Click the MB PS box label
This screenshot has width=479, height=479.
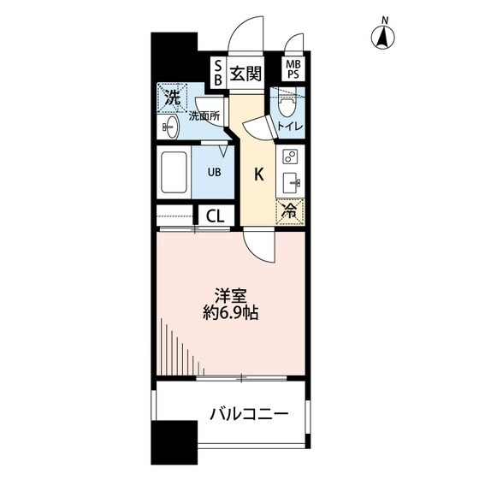click(x=293, y=69)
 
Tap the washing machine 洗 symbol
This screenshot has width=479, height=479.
click(x=172, y=98)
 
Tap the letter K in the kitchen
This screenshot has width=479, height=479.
click(x=258, y=174)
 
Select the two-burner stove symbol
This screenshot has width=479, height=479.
click(x=289, y=157)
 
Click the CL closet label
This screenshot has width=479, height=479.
click(x=215, y=215)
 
